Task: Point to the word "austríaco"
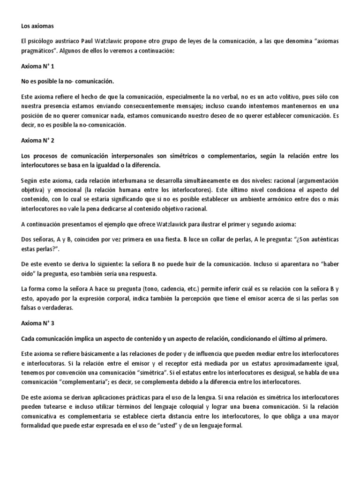point(63,42)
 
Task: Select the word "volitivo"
point(277,97)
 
